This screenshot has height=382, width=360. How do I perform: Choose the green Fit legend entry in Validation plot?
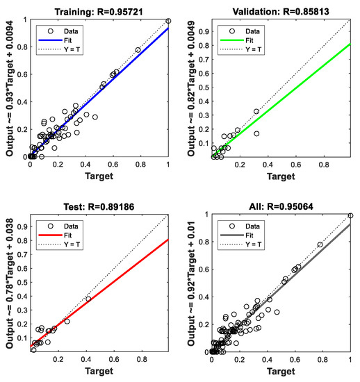[x=242, y=40]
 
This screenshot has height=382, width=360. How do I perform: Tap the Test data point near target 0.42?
[x=88, y=299]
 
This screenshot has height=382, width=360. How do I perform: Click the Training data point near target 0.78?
[x=138, y=50]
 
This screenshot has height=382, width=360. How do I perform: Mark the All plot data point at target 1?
[x=350, y=216]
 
